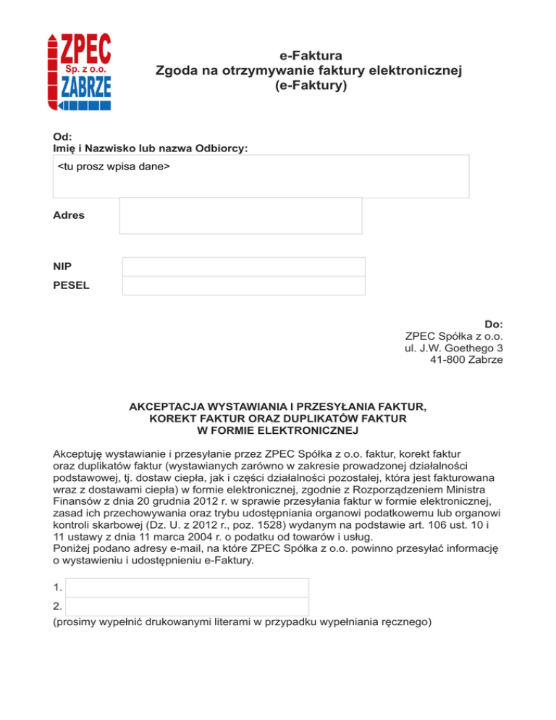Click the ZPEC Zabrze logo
tap(80, 71)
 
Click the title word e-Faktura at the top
tap(310, 55)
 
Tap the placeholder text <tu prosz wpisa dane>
tap(114, 168)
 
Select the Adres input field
tap(240, 216)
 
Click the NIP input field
tap(243, 267)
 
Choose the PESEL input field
tap(243, 285)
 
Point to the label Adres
tap(69, 215)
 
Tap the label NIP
tap(63, 267)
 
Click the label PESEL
tap(72, 285)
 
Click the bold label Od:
tap(62, 135)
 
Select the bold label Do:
tap(494, 324)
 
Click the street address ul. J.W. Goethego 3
tap(454, 348)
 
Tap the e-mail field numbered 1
tap(187, 587)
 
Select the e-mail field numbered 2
tap(187, 606)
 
